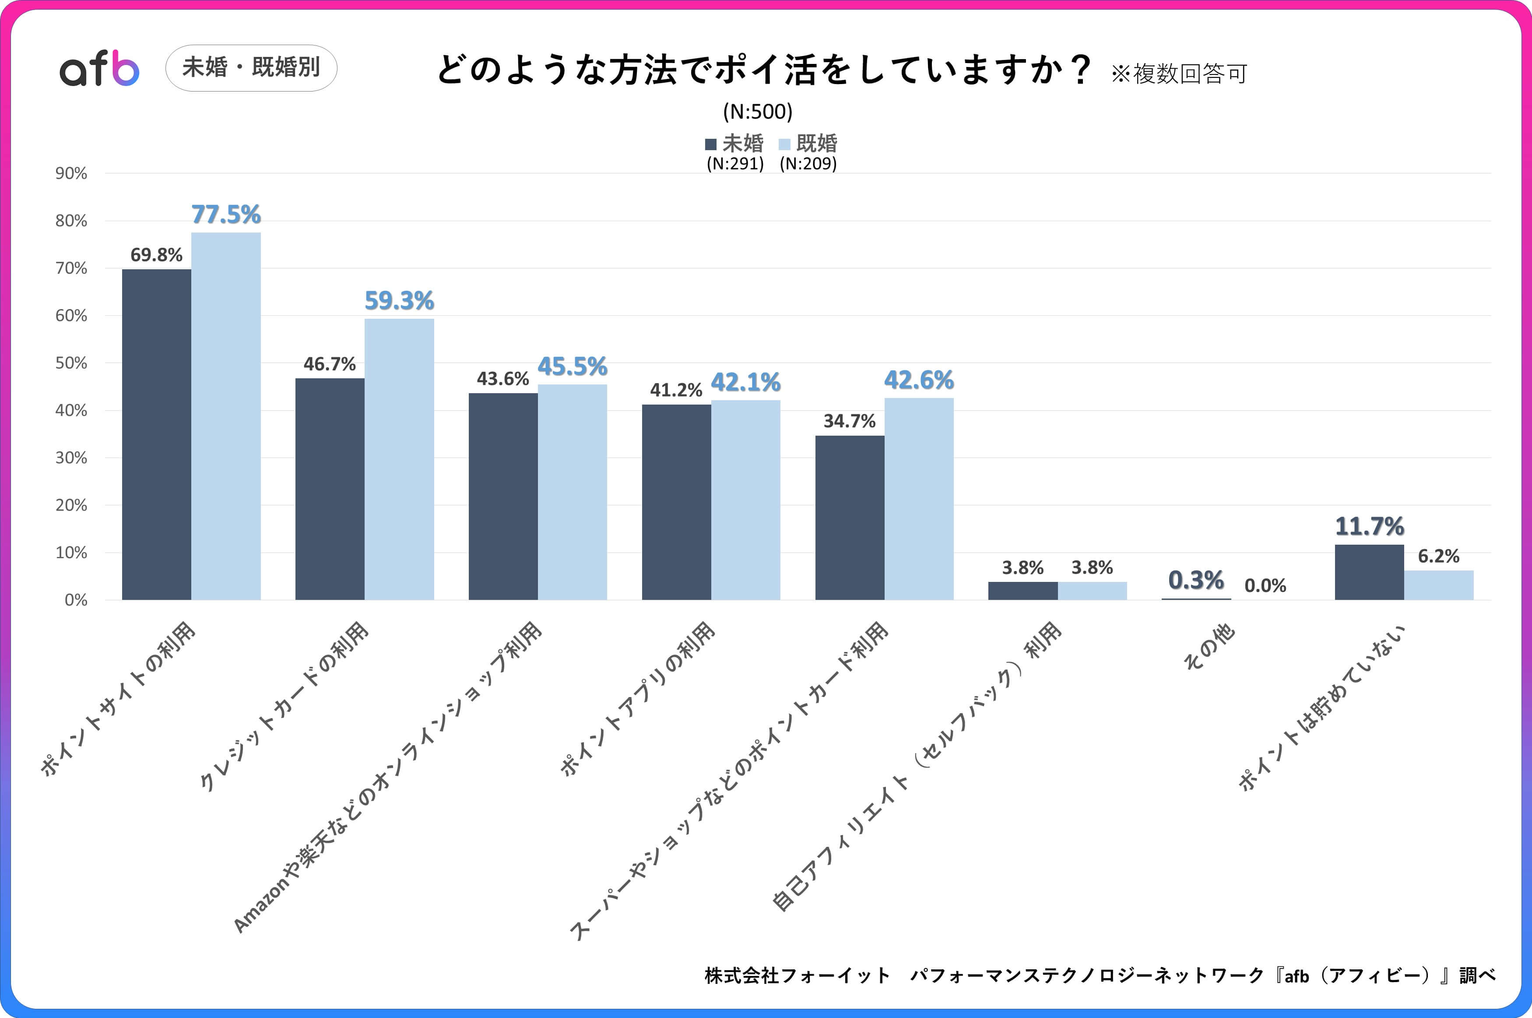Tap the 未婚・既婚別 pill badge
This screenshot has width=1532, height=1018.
(251, 67)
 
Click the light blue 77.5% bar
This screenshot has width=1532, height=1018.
(226, 416)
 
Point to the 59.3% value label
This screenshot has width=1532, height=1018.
(399, 301)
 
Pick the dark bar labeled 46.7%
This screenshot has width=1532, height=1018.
(330, 489)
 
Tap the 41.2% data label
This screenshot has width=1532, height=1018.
(676, 390)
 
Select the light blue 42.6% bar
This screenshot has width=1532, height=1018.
(919, 499)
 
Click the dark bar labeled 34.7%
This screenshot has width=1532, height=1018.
(849, 518)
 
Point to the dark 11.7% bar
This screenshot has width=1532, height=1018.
(1369, 572)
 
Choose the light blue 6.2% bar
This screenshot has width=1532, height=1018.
(1439, 585)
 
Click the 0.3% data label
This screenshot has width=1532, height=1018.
(1196, 580)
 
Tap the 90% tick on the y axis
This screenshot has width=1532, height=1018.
(71, 173)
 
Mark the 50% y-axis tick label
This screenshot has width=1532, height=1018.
(71, 363)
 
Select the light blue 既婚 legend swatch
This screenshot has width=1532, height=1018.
(784, 144)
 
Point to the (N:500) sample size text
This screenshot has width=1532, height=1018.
(758, 112)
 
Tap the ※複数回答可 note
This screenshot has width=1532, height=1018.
(1179, 74)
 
